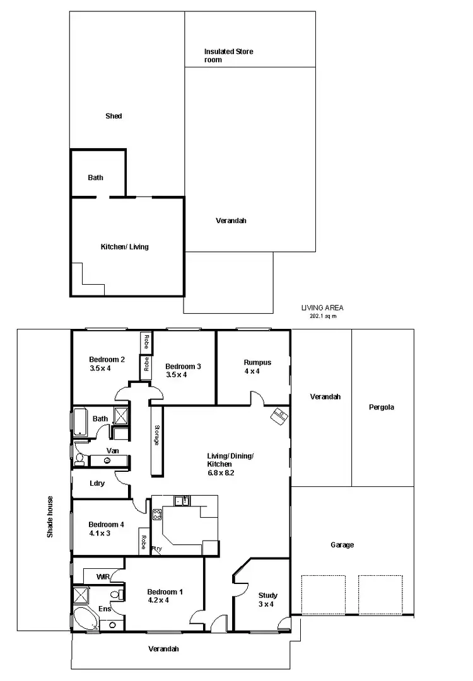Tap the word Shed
click(x=114, y=117)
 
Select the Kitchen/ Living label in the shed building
click(x=125, y=247)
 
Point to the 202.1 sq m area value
click(x=323, y=316)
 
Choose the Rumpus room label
click(x=257, y=362)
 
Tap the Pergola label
click(x=382, y=407)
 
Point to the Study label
click(x=268, y=595)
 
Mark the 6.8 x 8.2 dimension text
click(x=221, y=472)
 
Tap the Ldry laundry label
click(x=97, y=483)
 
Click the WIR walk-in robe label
click(x=103, y=576)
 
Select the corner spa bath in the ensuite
click(x=86, y=619)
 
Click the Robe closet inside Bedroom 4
click(x=144, y=542)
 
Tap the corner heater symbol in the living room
click(x=279, y=416)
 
